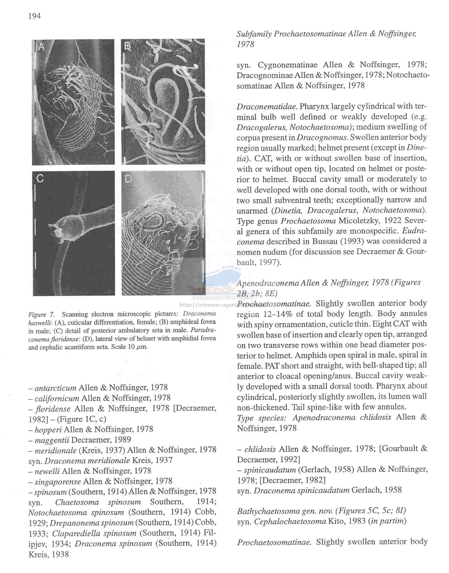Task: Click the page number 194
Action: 34,16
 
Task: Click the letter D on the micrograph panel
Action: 128,179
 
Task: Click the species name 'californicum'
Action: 57,398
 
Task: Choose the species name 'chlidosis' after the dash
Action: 260,449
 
